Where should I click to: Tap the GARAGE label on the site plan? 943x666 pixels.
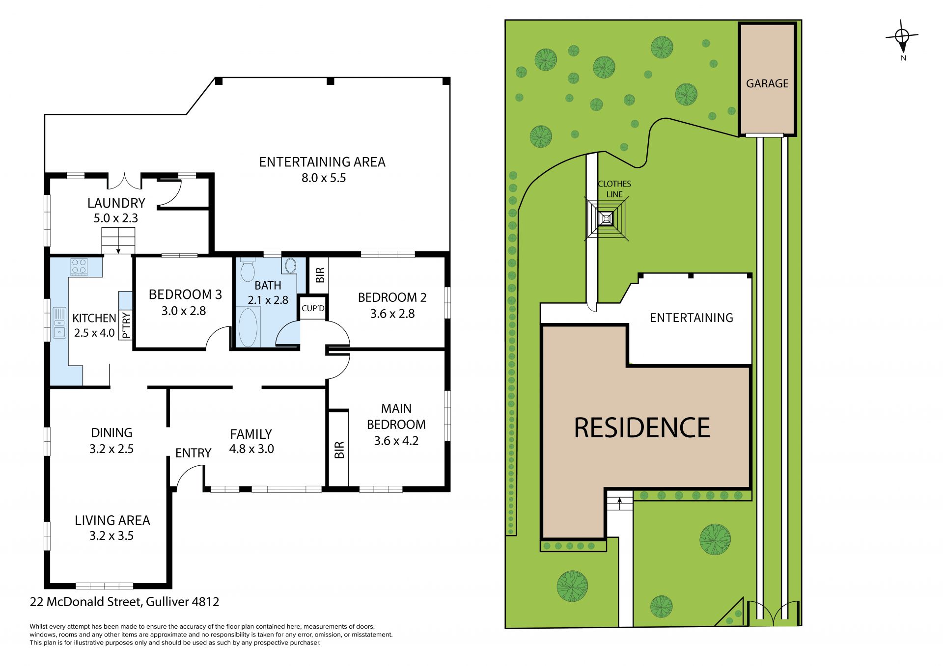point(767,83)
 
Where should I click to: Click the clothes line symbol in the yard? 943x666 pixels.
point(606,218)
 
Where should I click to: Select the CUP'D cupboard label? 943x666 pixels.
point(313,308)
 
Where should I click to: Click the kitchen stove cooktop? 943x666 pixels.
point(79,266)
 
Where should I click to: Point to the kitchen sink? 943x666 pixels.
point(59,322)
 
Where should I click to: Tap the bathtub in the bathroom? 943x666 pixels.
point(248,327)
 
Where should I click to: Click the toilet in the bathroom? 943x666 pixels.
point(248,269)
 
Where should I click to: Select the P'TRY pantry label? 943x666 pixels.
point(126,325)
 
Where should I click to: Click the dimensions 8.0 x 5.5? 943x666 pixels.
point(324,178)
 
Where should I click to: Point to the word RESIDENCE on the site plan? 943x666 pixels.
point(642,427)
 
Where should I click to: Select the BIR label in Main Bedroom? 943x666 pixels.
point(339,450)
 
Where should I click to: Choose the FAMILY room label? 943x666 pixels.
point(251,434)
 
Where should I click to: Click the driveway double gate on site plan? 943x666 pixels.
point(774,613)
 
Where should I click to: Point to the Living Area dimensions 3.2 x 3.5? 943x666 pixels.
point(111,535)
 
